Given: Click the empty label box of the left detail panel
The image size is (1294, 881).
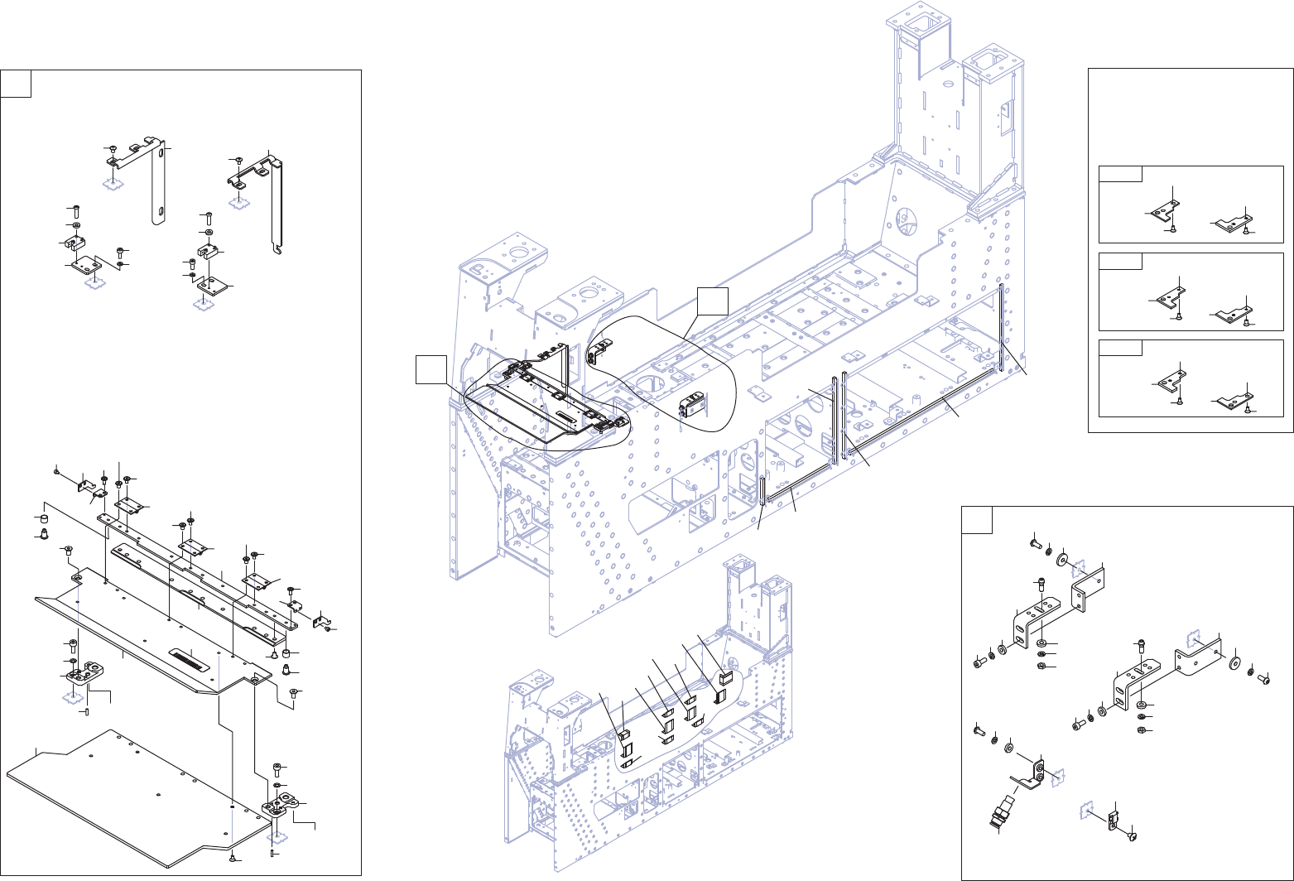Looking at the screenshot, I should point(17,84).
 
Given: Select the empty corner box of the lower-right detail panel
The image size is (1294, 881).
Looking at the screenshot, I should point(977,520).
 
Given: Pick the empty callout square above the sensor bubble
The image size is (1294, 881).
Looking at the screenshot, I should point(711,301).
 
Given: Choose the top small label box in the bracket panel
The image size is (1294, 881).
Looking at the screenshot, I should point(1120,174).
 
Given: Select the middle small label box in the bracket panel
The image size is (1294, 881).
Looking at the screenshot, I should point(1120,261).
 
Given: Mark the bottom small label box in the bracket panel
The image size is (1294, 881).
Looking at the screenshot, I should point(1120,347).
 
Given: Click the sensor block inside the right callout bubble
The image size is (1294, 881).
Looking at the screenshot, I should point(692,406).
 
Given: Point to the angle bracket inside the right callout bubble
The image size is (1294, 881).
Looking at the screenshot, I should point(596,352).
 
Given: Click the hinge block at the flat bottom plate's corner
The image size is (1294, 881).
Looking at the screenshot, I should point(281,803).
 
